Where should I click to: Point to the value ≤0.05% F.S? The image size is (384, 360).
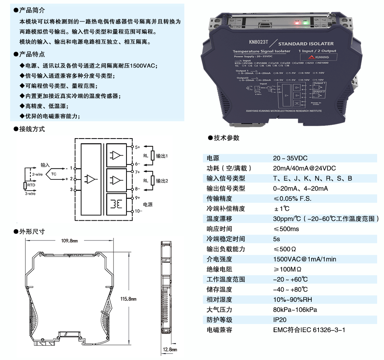pos(293,198)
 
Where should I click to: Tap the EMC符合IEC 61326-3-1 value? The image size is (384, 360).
pos(309,330)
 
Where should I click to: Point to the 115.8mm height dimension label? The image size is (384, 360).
pos(129,299)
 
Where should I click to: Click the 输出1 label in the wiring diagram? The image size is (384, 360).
pos(162,156)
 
